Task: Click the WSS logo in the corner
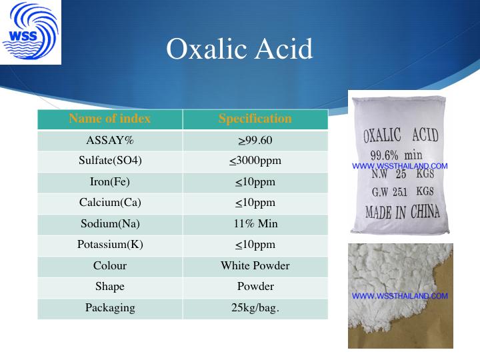30,31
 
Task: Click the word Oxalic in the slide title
207,49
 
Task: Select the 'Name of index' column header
110,119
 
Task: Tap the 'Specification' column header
255,119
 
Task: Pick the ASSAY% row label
110,140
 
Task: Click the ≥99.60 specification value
255,140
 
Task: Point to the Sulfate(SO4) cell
110,161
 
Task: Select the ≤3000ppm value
255,161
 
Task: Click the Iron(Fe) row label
110,182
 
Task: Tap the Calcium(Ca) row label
110,203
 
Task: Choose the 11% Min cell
255,223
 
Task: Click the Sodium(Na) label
110,224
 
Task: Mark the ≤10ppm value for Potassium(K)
255,245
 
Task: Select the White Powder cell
255,265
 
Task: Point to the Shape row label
110,287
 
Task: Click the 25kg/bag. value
255,307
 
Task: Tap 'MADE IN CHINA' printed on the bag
402,212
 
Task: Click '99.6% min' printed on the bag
397,155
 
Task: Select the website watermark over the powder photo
400,296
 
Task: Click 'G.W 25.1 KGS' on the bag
403,191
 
